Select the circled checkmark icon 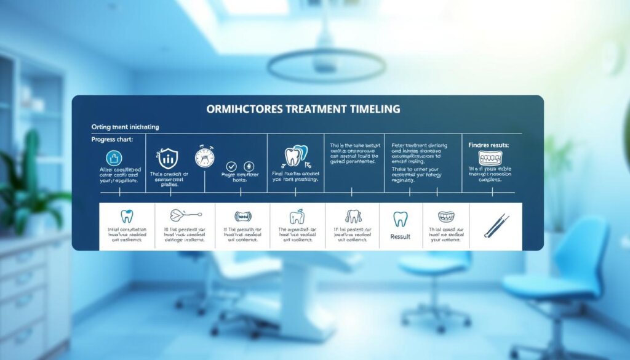click(x=231, y=166)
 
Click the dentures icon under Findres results click(x=490, y=158)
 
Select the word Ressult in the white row click(x=400, y=236)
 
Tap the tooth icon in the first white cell click(x=127, y=216)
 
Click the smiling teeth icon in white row click(x=446, y=217)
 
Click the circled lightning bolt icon click(x=249, y=166)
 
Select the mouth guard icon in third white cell click(x=244, y=216)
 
